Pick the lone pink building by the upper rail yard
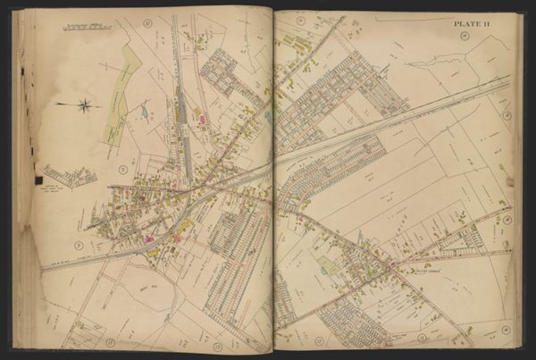pos(202,118)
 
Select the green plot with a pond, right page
pos(329,265)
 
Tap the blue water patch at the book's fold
pos(267,114)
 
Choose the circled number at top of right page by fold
pos(300,20)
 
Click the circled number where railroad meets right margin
pos(507,115)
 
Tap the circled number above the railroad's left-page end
pos(78,245)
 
